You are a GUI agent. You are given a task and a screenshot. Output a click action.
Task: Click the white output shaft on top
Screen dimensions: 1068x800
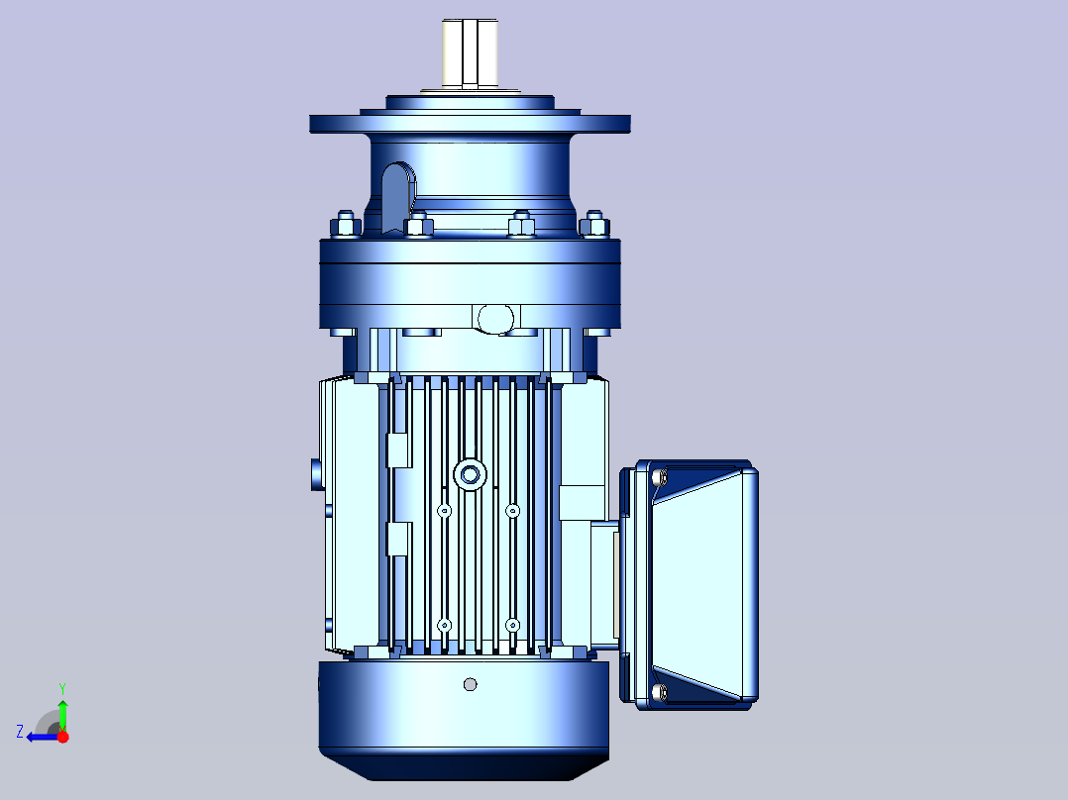pos(470,53)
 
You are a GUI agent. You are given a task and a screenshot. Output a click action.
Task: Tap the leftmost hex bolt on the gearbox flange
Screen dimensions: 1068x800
pos(346,224)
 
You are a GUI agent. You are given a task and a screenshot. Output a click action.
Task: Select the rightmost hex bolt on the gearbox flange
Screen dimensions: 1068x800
pos(594,224)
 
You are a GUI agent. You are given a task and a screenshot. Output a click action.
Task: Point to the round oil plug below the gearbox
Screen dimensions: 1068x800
pos(495,319)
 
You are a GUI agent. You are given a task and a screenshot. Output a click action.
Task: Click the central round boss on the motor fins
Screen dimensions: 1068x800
pos(470,474)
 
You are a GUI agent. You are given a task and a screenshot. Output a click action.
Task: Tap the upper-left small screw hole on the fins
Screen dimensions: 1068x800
pos(444,511)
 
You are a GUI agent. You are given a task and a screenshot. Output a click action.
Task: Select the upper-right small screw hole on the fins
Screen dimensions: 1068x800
pos(513,511)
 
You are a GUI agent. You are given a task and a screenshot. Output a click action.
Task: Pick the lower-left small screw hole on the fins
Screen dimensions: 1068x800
pos(444,625)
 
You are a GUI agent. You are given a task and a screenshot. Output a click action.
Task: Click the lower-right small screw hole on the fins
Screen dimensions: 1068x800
pos(513,625)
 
